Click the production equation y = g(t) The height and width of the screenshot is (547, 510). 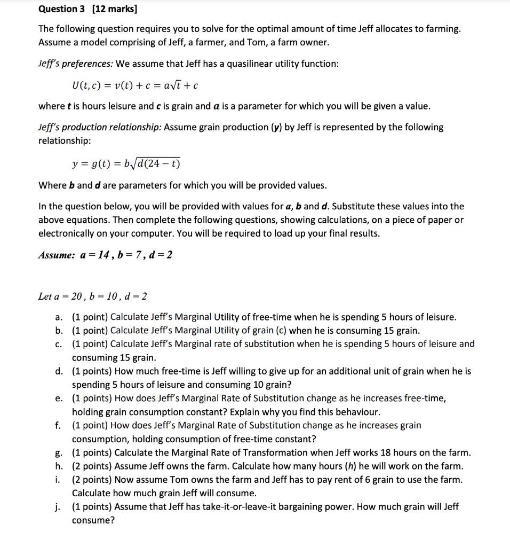(126, 163)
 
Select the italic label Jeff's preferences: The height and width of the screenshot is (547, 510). (75, 64)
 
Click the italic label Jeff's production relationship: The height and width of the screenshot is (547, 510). (99, 127)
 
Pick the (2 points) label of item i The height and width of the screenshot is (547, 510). (92, 480)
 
